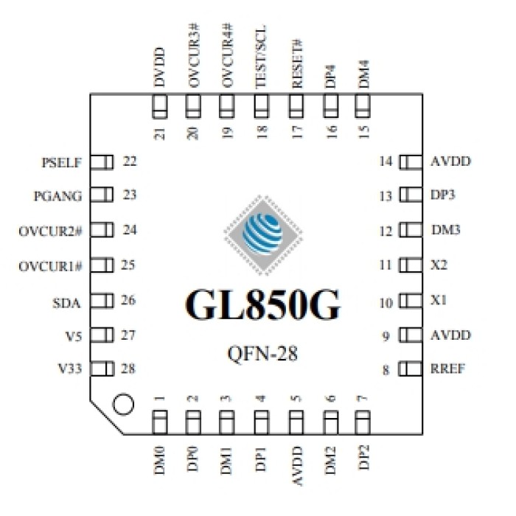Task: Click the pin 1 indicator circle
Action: click(x=123, y=404)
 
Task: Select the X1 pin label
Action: click(x=439, y=301)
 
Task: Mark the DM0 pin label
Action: click(x=159, y=460)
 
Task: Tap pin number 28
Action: click(x=130, y=369)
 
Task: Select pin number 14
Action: click(x=385, y=161)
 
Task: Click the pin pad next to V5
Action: click(x=102, y=335)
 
